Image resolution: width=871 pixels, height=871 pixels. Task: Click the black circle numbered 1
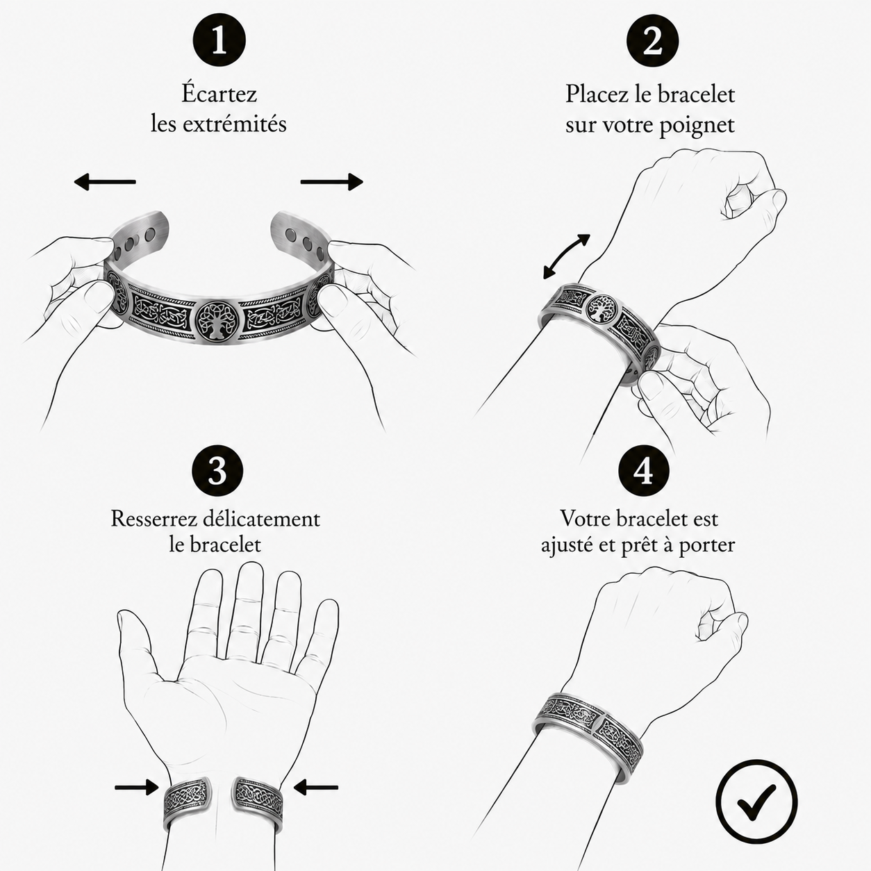point(219,40)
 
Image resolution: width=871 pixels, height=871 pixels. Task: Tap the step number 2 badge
point(652,42)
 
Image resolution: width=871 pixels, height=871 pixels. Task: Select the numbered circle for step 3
point(217,470)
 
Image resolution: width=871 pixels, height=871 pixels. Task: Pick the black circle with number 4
point(644,470)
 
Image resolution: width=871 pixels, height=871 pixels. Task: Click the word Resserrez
point(154,519)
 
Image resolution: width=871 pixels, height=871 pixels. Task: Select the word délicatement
point(262,518)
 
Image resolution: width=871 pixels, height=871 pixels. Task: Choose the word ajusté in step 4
point(567,545)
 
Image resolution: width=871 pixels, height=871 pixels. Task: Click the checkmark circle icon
point(756,802)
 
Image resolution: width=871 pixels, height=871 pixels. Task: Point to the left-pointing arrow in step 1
point(105,182)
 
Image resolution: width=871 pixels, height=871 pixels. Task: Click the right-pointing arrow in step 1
point(332,182)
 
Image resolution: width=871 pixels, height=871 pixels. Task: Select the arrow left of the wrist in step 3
point(137,787)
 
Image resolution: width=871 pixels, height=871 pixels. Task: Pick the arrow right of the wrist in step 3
point(315,788)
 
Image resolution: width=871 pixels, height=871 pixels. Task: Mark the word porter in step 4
point(706,545)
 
